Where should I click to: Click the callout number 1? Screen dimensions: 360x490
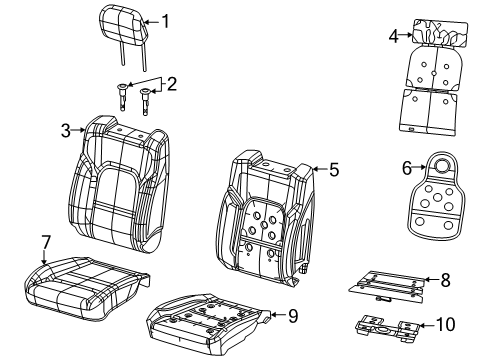(166, 19)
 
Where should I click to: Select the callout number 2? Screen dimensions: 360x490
(171, 84)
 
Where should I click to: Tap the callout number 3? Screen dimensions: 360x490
(65, 130)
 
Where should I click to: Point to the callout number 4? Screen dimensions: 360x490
(393, 37)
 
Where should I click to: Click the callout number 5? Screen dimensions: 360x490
(333, 170)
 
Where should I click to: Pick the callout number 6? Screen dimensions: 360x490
(407, 169)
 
